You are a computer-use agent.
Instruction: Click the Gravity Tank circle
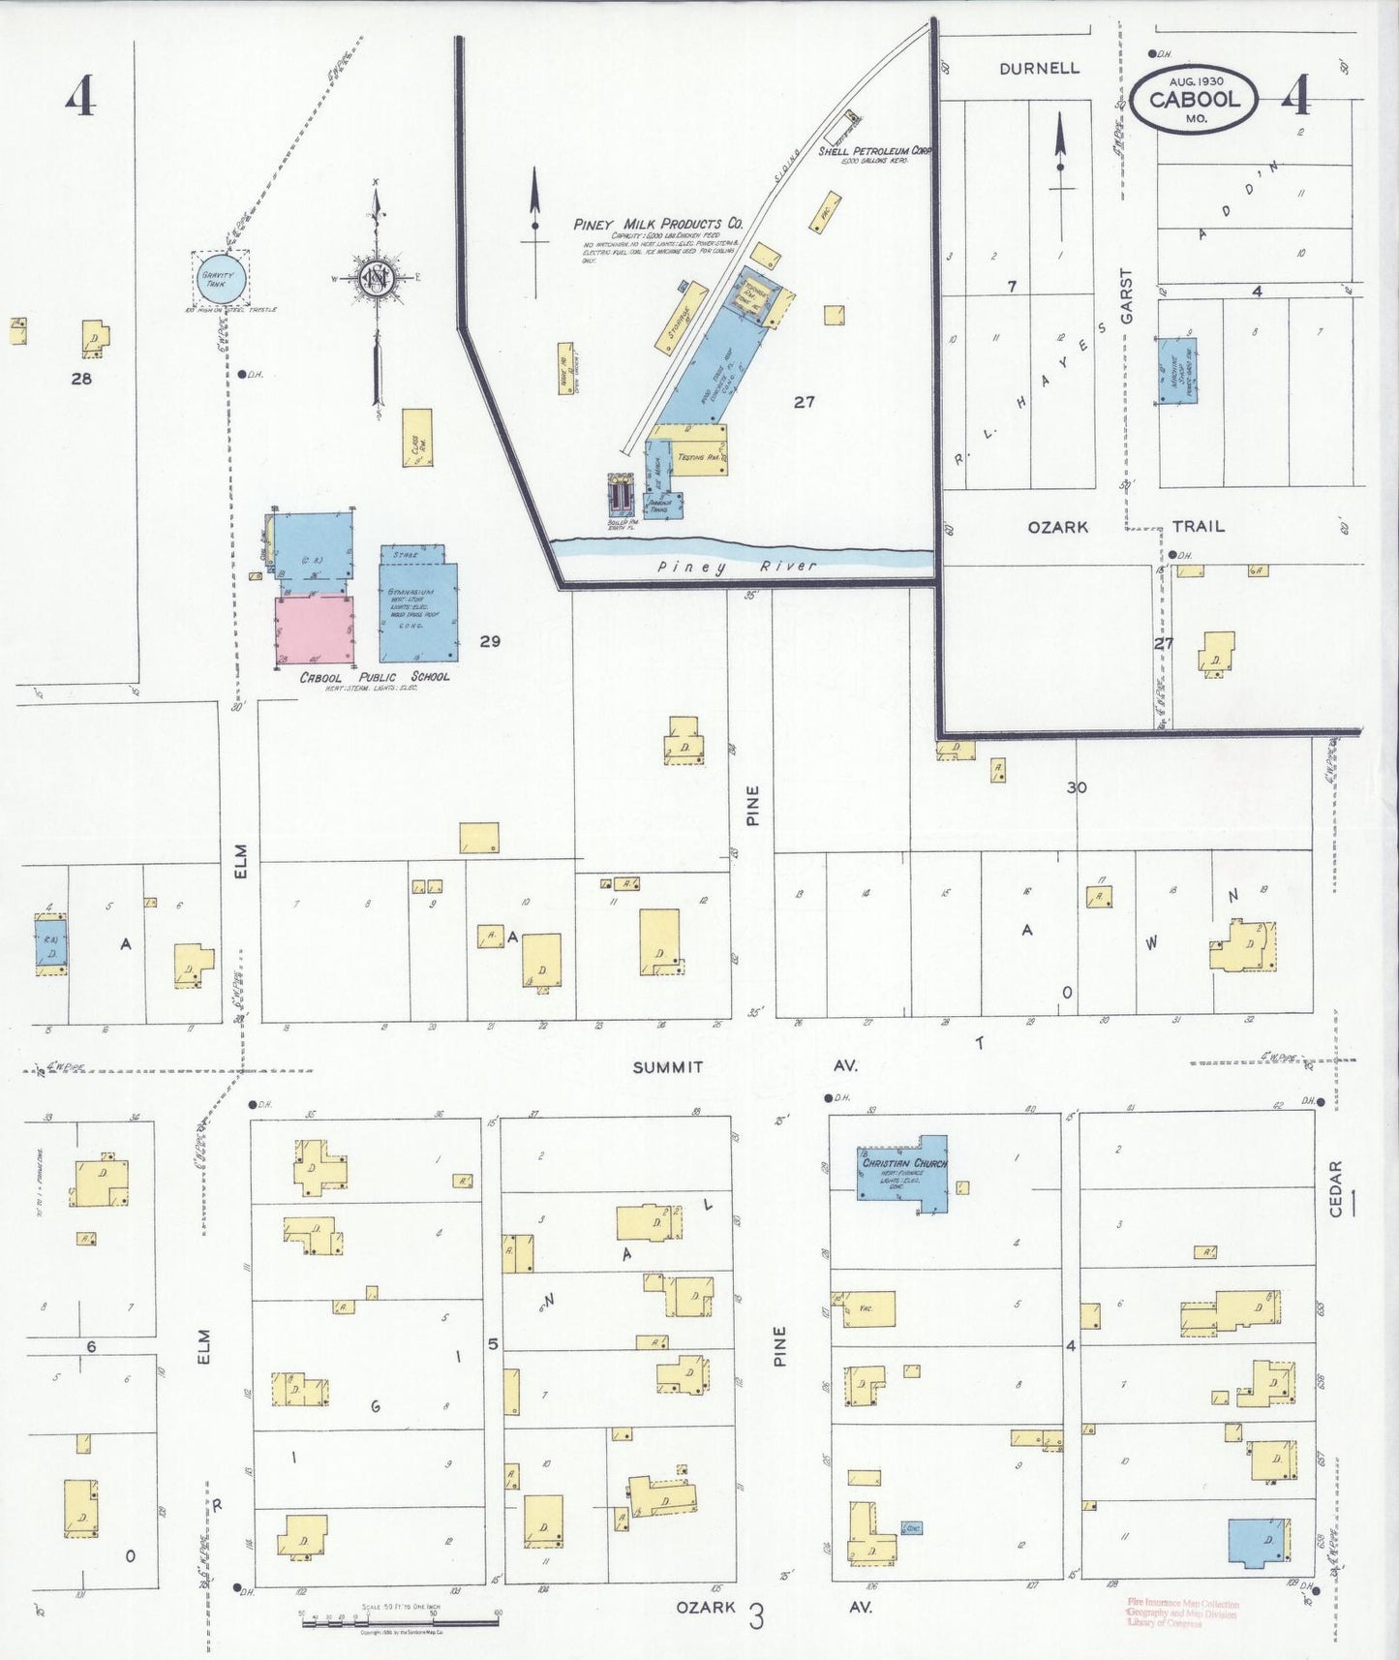(x=220, y=278)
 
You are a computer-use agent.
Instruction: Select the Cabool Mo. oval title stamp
(x=1196, y=99)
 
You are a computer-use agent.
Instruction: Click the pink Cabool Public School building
(x=314, y=630)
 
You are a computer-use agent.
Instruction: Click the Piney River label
(x=737, y=567)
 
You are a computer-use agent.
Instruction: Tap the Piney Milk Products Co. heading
(x=658, y=225)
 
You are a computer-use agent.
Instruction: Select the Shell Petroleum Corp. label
(x=874, y=151)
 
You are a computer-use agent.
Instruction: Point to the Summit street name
(x=668, y=1066)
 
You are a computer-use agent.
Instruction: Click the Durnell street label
(x=1039, y=69)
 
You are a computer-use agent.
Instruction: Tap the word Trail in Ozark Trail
(x=1199, y=526)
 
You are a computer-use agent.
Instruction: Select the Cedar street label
(x=1337, y=1188)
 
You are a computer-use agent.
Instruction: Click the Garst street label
(x=1126, y=296)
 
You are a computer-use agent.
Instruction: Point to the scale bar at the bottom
(x=399, y=1620)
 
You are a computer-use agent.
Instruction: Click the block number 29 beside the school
(x=490, y=641)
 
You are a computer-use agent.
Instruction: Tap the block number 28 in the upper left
(x=81, y=379)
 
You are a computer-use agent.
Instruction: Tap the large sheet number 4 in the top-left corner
(x=81, y=96)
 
